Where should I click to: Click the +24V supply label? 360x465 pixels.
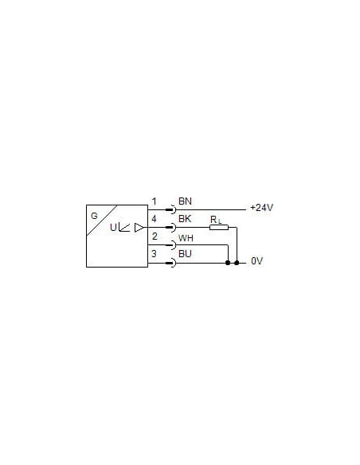pos(261,208)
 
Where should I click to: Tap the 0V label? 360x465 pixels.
pos(256,261)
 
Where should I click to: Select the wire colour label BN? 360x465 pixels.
pos(185,201)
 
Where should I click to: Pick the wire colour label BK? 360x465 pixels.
pos(185,218)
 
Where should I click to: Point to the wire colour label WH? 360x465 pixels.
pos(186,238)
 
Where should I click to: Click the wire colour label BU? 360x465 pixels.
pos(185,254)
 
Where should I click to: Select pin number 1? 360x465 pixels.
pos(155,201)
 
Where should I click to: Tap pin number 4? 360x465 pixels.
pos(154,219)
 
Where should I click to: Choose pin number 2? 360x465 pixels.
pos(155,236)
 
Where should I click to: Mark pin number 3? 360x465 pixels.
pos(154,254)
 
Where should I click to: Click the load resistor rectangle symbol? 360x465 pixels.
pos(219,228)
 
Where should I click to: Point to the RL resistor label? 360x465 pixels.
pos(216,220)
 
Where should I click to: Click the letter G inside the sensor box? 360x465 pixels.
pos(94,216)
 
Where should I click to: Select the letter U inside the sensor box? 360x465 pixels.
pos(113,228)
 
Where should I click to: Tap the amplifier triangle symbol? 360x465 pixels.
pos(139,228)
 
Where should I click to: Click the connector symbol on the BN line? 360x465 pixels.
pos(171,209)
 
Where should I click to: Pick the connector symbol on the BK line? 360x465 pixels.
pos(171,228)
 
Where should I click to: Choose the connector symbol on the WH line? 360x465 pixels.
pos(171,245)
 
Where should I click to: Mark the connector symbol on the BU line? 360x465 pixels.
pos(171,263)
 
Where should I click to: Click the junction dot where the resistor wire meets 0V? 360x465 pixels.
pos(237,263)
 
